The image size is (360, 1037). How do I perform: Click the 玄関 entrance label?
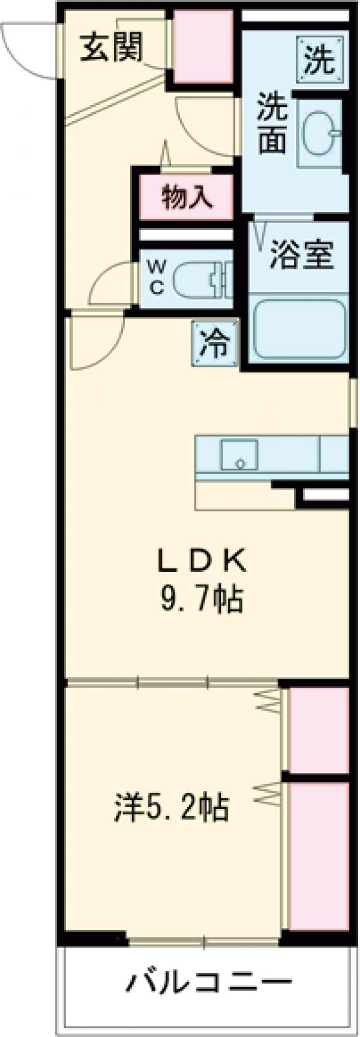(112, 46)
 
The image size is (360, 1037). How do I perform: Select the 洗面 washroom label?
(272, 124)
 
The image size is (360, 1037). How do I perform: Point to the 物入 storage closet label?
(187, 196)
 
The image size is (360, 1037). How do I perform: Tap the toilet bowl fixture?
(198, 279)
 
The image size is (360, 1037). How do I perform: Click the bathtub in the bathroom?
(298, 329)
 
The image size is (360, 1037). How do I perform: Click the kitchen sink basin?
(239, 454)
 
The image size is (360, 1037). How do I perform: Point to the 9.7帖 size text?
(200, 598)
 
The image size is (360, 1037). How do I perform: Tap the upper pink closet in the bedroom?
(318, 729)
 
